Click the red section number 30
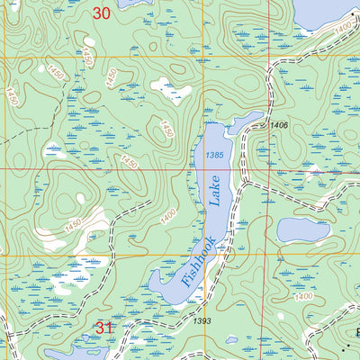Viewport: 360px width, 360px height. coord(103,13)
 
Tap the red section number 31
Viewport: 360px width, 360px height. coord(104,328)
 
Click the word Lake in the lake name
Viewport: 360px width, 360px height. coord(217,192)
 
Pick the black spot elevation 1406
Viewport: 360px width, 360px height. coord(278,125)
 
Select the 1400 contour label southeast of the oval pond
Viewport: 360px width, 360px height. coord(303,296)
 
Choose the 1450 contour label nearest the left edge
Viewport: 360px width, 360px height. coord(11,95)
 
